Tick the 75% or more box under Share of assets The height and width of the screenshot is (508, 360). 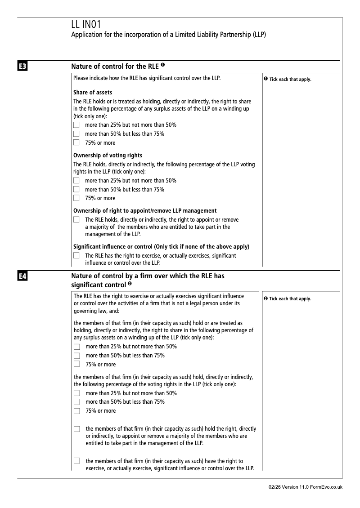click(76, 143)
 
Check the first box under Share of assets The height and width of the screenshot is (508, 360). click(76, 125)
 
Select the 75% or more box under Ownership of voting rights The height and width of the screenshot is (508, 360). click(76, 198)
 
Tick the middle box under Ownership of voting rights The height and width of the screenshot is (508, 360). click(76, 189)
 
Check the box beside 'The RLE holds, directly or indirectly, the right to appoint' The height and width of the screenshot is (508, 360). click(76, 220)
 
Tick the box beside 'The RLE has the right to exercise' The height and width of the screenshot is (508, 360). click(76, 255)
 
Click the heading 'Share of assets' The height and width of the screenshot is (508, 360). click(93, 93)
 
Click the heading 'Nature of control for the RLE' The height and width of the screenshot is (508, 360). click(115, 67)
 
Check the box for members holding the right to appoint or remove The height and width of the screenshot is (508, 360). click(76, 429)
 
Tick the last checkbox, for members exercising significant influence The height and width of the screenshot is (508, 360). click(76, 461)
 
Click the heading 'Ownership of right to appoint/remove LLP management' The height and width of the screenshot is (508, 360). click(145, 210)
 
